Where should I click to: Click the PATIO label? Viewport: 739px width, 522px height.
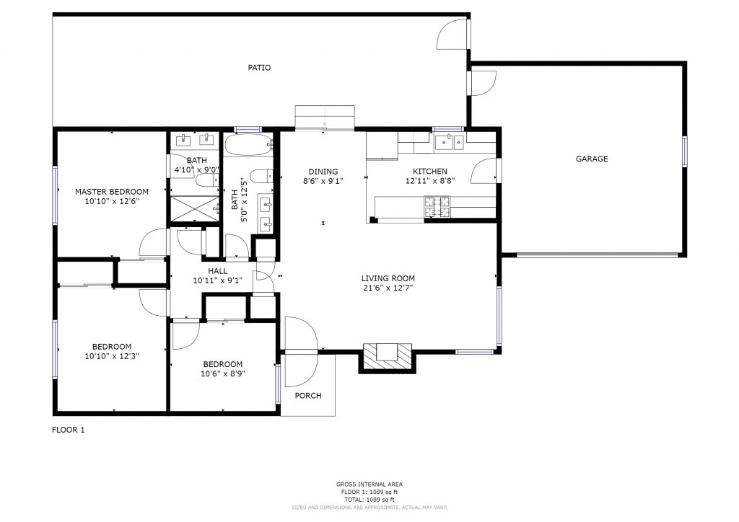(x=259, y=68)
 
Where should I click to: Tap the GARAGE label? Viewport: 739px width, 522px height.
(x=592, y=159)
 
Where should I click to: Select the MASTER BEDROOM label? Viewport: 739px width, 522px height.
(x=112, y=192)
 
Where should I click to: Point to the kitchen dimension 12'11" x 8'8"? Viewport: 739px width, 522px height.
(x=430, y=181)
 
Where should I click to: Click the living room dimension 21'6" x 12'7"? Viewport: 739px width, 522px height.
(x=388, y=288)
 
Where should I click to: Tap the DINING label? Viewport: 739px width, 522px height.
(x=323, y=172)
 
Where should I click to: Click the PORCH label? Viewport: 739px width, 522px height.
(x=308, y=396)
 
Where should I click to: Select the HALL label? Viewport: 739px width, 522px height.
(x=218, y=271)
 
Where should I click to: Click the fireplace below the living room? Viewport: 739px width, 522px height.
(x=388, y=358)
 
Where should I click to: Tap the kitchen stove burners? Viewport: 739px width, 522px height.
(x=437, y=207)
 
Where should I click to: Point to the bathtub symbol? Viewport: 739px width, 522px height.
(x=248, y=145)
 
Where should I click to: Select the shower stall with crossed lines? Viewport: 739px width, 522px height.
(x=195, y=208)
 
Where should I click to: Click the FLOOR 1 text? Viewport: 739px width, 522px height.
(x=69, y=430)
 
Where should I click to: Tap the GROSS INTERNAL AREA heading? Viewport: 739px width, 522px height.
(x=369, y=485)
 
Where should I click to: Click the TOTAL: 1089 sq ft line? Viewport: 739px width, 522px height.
(x=369, y=500)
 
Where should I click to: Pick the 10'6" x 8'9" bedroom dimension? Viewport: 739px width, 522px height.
(x=223, y=373)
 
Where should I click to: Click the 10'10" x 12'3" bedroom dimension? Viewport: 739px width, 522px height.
(x=112, y=356)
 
